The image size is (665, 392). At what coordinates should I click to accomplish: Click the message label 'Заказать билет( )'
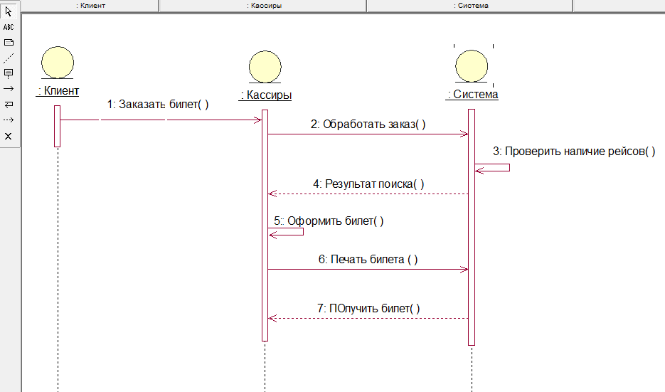coord(158,104)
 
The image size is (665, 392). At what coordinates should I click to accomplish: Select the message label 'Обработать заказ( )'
coord(368,123)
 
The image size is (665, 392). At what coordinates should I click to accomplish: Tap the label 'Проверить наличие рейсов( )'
coord(575,151)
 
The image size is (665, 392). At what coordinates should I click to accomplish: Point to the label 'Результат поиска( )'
coord(368,184)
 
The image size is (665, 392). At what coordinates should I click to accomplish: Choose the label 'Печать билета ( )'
coord(368,260)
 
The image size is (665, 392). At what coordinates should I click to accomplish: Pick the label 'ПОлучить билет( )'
coord(368,308)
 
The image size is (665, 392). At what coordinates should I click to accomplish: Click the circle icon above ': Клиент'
coord(57,63)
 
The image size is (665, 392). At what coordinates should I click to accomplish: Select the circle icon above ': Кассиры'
coord(265,67)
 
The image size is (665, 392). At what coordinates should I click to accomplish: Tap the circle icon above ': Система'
coord(472,67)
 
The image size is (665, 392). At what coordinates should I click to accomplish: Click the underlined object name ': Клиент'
coord(58,90)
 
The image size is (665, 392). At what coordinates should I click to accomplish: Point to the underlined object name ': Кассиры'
coord(266,95)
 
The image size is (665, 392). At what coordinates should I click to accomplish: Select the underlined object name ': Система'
coord(472,95)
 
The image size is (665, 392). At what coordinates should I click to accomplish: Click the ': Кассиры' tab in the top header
coord(263,5)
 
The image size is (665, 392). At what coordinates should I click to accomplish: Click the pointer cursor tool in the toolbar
coord(9,11)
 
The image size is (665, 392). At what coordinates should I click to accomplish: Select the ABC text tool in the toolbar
coord(9,27)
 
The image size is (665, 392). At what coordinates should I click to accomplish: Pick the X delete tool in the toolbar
coord(9,136)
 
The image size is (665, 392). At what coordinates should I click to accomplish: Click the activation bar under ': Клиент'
coord(58,126)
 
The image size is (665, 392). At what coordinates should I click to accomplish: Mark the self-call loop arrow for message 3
coord(493,167)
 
